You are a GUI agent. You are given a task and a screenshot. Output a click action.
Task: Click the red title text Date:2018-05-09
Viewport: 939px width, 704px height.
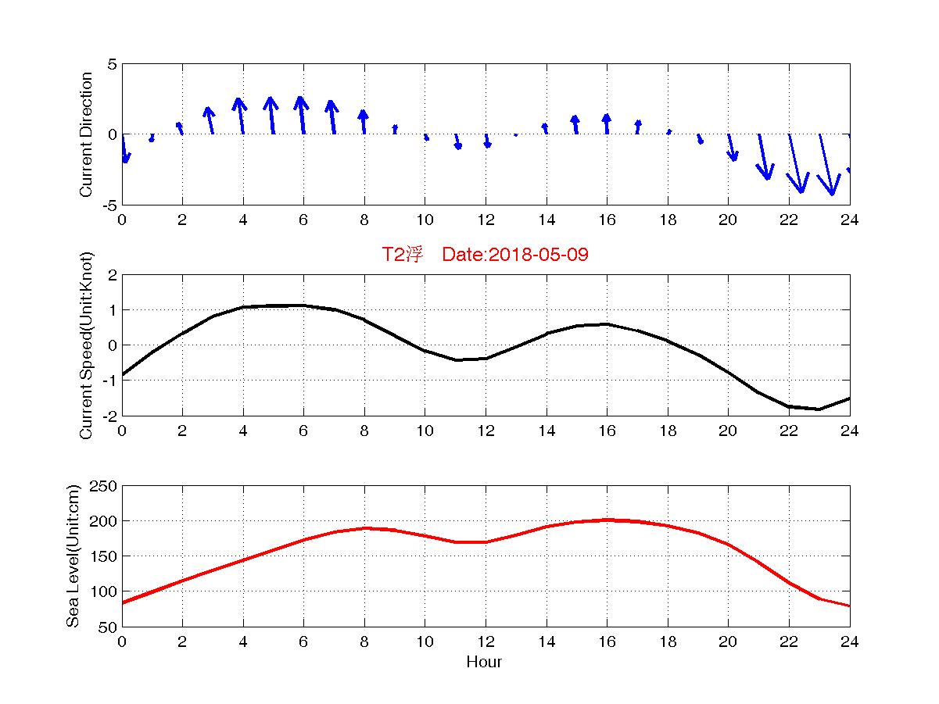[515, 255]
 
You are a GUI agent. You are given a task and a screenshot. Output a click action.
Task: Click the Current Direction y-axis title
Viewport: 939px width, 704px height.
[87, 134]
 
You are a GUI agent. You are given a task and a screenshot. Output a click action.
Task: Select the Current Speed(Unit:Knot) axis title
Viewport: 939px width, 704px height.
[87, 345]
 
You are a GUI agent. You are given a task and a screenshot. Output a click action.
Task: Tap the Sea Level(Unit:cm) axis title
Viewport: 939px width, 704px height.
[73, 556]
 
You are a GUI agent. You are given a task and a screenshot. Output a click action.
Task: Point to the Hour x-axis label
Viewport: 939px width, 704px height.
[485, 663]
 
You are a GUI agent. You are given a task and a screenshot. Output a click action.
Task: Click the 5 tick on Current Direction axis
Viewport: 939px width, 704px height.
[113, 64]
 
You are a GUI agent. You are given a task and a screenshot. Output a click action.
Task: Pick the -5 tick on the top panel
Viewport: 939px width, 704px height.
[109, 205]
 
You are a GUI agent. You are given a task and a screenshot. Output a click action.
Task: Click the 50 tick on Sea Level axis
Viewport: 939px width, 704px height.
[109, 627]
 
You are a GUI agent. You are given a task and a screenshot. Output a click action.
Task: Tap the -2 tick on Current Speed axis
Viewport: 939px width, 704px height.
[109, 416]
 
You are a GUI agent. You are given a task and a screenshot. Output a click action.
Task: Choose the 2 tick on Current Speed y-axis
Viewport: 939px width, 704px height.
[113, 275]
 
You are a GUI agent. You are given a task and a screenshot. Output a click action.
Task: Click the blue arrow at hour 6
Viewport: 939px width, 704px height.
[303, 115]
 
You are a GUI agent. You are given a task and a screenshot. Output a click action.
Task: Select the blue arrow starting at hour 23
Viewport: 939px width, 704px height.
[826, 164]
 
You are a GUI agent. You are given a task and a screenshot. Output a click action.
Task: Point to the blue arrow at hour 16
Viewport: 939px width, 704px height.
[607, 123]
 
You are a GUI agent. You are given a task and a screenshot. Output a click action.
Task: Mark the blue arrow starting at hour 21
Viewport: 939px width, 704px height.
[764, 156]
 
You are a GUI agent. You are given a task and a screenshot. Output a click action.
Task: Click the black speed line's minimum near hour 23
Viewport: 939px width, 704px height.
[819, 409]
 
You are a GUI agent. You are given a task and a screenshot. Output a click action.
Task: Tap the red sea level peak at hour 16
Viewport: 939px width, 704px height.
[607, 520]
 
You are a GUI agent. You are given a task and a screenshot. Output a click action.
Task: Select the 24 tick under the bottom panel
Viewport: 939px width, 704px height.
[849, 641]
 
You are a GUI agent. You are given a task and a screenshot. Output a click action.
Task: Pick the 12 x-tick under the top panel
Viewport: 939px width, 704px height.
[486, 220]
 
